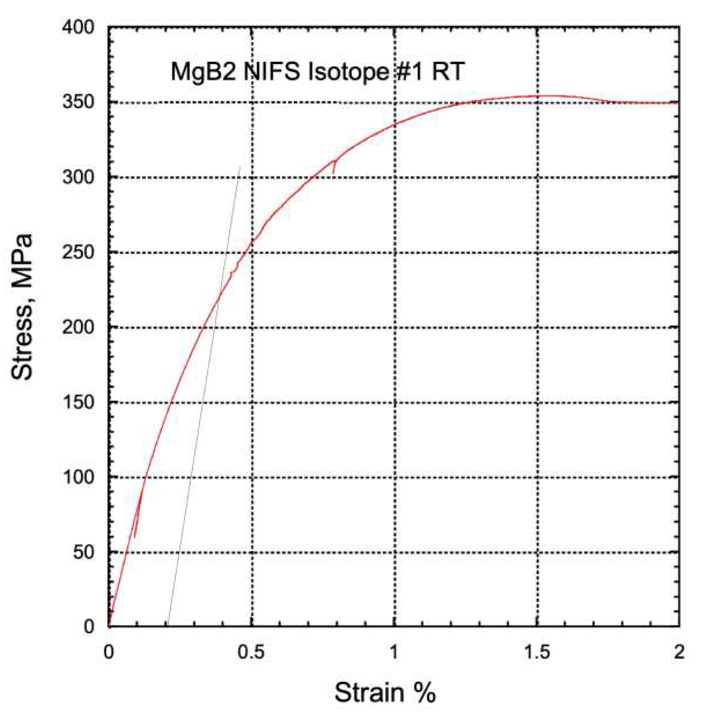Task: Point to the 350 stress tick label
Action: [78, 102]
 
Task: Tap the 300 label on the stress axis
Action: [78, 177]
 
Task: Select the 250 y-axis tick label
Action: [78, 252]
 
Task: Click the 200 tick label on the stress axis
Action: [78, 327]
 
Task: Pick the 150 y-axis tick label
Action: [78, 402]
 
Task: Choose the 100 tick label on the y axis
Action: [78, 477]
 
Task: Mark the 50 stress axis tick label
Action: [84, 552]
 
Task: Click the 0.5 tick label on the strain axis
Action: [251, 652]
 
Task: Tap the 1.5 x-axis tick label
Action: [537, 652]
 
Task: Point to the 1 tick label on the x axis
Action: [394, 652]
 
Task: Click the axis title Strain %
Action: [385, 693]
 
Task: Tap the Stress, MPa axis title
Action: [22, 306]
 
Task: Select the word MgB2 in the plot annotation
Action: [203, 72]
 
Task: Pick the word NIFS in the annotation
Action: [272, 72]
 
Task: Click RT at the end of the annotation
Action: [448, 72]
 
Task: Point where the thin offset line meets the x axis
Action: [168, 626]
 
